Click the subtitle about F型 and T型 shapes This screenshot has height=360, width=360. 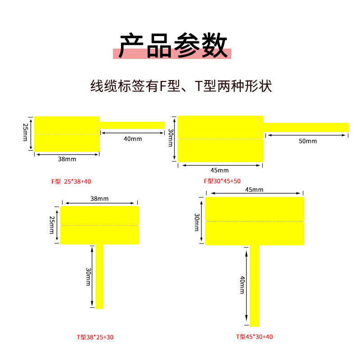(181, 85)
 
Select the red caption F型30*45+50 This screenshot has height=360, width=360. (222, 181)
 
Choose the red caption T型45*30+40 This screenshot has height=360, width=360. (254, 337)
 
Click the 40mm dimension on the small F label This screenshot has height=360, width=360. (132, 139)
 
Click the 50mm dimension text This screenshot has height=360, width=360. (307, 141)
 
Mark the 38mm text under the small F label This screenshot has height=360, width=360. (67, 159)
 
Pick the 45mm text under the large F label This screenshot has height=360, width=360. (220, 171)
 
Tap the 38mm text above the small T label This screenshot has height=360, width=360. (99, 198)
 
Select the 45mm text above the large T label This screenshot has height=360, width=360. (254, 189)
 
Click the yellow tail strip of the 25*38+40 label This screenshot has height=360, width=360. (132, 125)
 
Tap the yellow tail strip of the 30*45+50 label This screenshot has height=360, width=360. (306, 127)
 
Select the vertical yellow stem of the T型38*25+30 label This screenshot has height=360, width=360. (99, 277)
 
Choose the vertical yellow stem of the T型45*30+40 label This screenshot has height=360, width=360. (254, 286)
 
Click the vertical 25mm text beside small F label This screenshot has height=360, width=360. (26, 134)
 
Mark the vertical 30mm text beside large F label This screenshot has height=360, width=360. (170, 138)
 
